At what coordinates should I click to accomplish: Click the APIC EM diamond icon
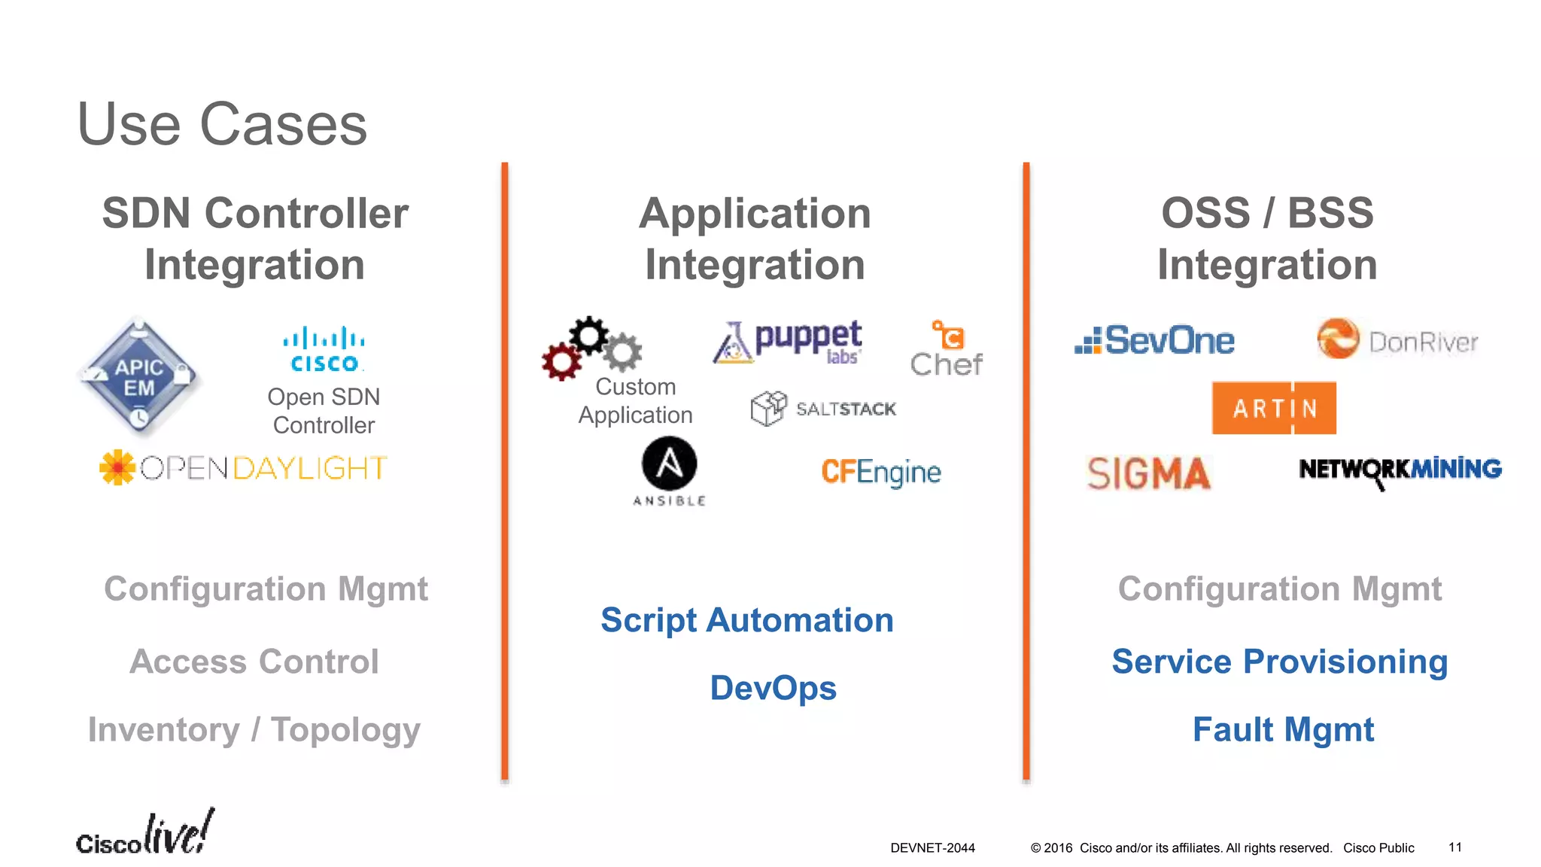(x=139, y=376)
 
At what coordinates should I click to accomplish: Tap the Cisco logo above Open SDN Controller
(x=324, y=349)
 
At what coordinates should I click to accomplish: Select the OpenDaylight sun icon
(x=117, y=467)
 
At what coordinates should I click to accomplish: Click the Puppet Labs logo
(x=788, y=342)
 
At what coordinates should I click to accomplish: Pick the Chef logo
(x=947, y=349)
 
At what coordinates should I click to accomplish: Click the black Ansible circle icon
(x=669, y=464)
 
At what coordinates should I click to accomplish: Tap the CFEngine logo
(x=880, y=472)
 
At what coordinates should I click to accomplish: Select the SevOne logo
(x=1155, y=341)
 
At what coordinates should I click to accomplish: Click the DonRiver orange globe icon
(x=1338, y=339)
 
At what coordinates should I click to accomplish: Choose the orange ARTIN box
(x=1274, y=408)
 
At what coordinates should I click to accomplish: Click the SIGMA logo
(x=1148, y=473)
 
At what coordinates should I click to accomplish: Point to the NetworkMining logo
(x=1400, y=470)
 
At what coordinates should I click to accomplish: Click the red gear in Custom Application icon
(x=561, y=362)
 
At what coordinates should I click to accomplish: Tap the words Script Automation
(x=746, y=620)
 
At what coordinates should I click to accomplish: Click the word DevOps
(x=773, y=688)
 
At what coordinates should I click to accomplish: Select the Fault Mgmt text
(x=1283, y=729)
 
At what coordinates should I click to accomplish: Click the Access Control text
(x=254, y=662)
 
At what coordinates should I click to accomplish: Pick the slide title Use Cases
(x=222, y=124)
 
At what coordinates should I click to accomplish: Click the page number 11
(x=1454, y=847)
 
